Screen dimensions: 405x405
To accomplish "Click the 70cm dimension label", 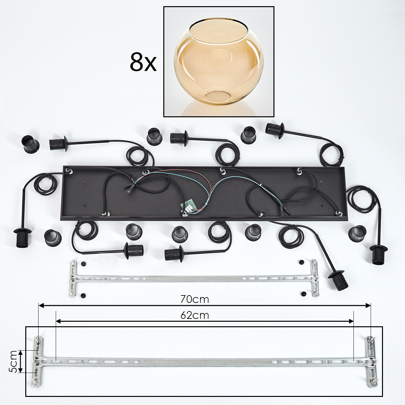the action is [195, 299].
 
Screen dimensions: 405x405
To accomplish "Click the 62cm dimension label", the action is [195, 316].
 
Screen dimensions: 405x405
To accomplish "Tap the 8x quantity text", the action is [143, 62].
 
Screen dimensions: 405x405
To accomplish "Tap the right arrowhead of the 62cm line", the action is [351, 321].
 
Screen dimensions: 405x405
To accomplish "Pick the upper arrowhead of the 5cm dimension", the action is [21, 353].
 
